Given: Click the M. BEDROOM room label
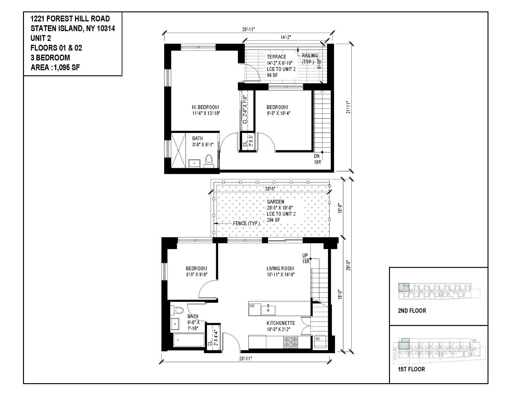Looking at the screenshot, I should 205,107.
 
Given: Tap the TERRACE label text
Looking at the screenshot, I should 277,57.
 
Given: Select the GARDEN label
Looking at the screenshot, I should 275,202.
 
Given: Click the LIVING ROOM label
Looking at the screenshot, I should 280,268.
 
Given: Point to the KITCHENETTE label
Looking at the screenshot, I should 281,323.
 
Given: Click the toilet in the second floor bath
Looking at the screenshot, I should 209,161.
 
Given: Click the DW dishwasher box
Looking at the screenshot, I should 255,310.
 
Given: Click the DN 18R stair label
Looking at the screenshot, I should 317,159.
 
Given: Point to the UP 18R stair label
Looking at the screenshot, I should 306,259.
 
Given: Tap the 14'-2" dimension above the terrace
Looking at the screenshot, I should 286,37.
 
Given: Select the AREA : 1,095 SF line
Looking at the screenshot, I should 55,67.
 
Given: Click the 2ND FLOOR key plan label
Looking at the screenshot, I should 412,311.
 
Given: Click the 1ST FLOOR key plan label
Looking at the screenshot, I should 411,369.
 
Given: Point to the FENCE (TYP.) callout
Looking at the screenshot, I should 246,223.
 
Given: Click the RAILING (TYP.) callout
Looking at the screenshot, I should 310,58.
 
